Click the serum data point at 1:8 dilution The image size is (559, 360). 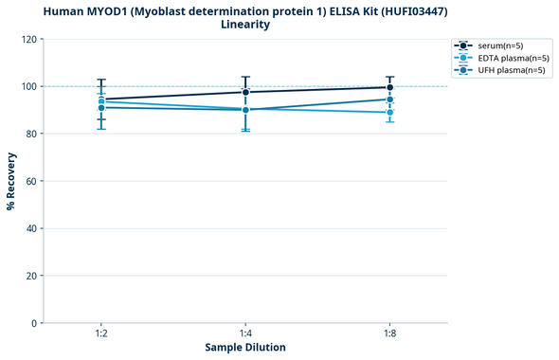389,87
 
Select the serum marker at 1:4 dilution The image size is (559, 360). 245,92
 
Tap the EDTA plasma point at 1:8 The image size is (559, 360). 389,112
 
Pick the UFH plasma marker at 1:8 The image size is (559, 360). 389,99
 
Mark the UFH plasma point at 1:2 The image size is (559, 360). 101,107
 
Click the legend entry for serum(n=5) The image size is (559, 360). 498,45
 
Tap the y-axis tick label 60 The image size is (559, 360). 32,181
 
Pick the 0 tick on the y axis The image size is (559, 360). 35,323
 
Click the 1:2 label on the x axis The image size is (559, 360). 101,333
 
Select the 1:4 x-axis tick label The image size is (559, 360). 245,333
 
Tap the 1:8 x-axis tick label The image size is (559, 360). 389,333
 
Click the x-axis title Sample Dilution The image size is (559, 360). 245,348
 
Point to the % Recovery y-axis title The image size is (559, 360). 11,181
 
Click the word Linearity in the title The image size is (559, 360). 245,25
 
